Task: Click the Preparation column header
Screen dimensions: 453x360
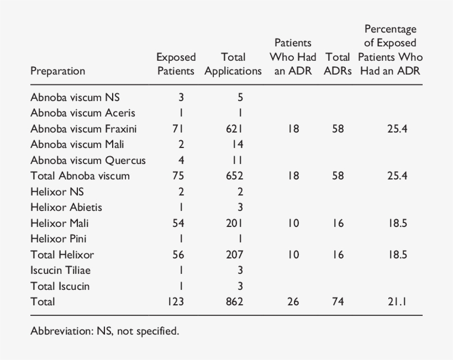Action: [57, 71]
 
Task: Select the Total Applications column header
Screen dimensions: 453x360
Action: [233, 64]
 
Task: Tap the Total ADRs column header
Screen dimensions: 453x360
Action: [338, 64]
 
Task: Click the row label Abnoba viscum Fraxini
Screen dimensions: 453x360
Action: [83, 129]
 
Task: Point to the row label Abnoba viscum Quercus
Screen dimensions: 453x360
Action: [88, 160]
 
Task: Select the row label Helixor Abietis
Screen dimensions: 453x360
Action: [66, 208]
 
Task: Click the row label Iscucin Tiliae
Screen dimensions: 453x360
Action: [61, 271]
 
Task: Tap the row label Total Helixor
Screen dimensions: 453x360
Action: [62, 255]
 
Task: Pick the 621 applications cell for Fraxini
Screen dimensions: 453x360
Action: [236, 129]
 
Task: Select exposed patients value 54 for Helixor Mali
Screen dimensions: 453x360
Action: [178, 223]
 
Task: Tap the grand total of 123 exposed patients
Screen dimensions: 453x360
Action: [175, 302]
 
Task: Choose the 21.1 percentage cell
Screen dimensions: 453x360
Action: [397, 302]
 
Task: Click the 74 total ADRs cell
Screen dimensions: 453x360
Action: [338, 302]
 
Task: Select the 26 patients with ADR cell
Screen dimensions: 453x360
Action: [293, 302]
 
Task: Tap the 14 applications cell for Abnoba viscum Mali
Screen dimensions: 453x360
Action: [238, 145]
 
